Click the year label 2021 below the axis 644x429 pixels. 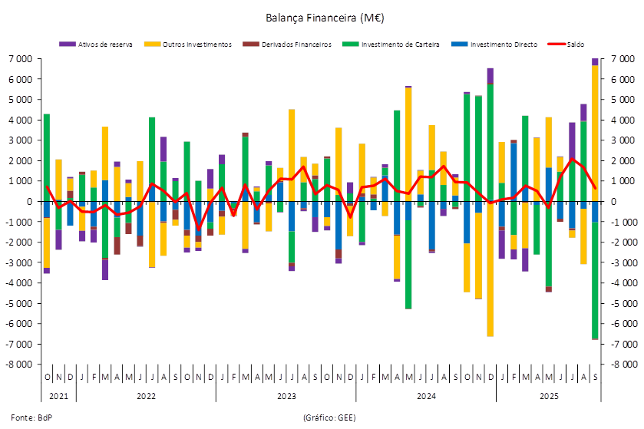pos(58,396)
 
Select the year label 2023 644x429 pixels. pos(286,396)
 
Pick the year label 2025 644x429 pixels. pos(549,396)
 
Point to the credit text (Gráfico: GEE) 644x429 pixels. pos(329,417)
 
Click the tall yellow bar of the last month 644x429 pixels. pos(596,130)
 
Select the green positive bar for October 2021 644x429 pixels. pos(47,157)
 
